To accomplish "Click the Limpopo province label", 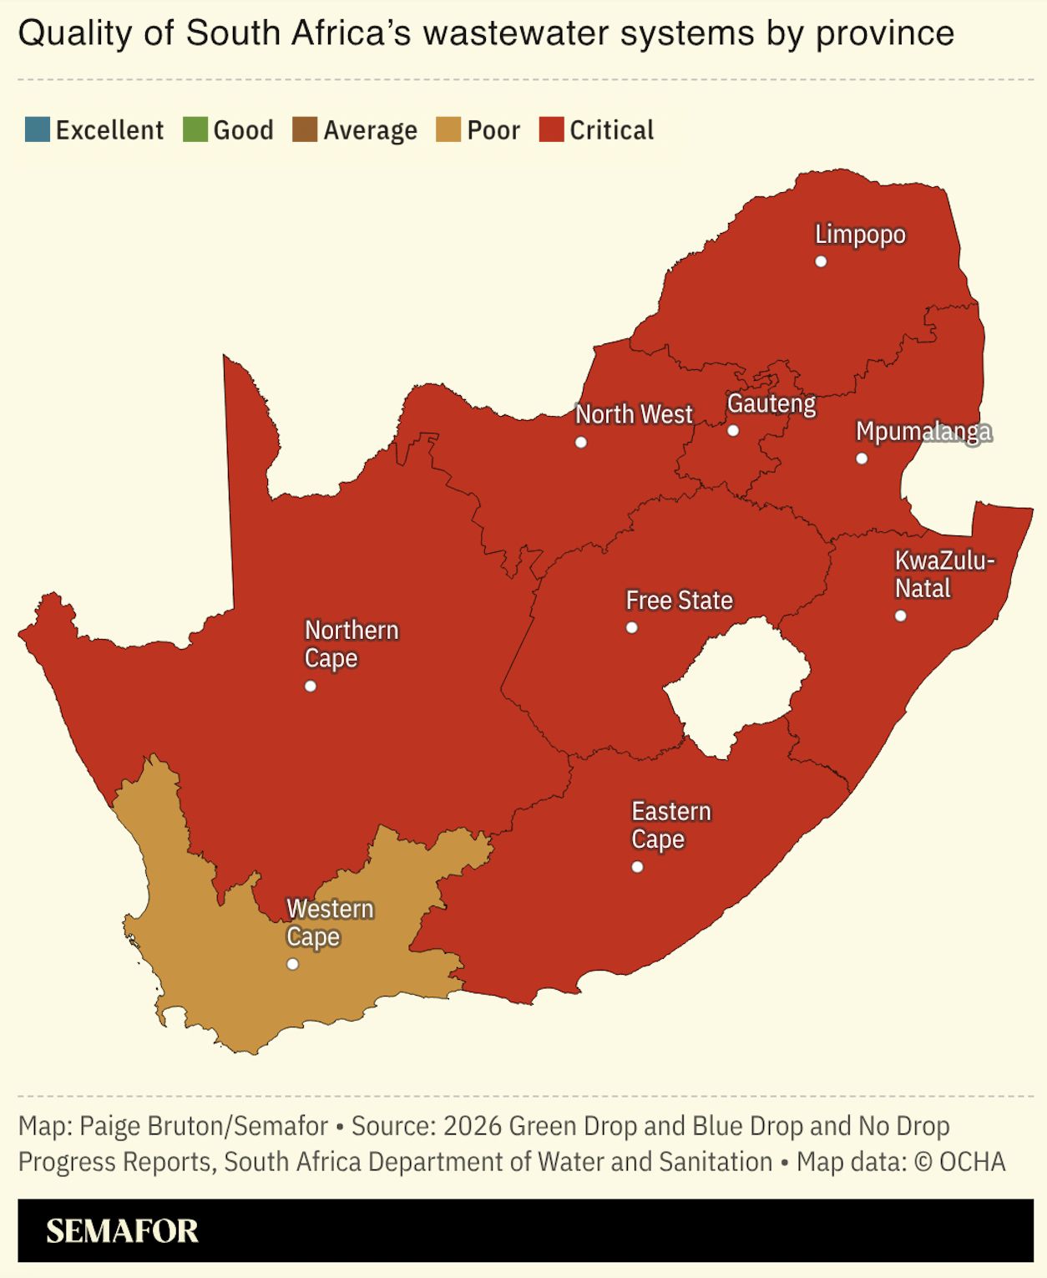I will click(860, 235).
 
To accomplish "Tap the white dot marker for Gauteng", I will click(733, 431).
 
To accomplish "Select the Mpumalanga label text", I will click(923, 432).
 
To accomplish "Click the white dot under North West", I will click(581, 442).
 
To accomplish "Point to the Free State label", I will click(679, 601).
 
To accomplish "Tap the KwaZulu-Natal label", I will click(943, 574).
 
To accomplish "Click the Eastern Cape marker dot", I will click(637, 867).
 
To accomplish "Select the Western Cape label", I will click(330, 922).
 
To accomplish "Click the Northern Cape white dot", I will click(311, 687).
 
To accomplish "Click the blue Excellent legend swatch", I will click(38, 130).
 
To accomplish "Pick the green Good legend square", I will click(195, 130).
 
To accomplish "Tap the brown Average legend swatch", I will click(305, 130).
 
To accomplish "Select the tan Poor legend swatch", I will click(448, 130).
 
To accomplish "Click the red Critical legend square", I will click(552, 130).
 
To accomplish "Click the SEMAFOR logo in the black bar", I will click(122, 1231).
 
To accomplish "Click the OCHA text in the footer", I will click(972, 1162).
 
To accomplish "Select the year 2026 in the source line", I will click(472, 1126).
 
